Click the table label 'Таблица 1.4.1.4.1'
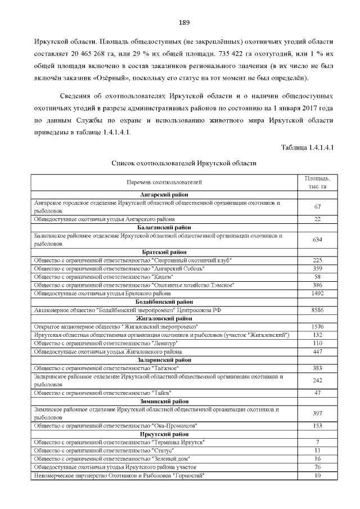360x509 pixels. [x=308, y=148]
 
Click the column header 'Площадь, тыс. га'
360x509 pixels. [x=317, y=182]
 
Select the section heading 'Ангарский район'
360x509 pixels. [x=164, y=194]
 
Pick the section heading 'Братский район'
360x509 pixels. [x=164, y=252]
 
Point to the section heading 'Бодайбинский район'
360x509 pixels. [x=164, y=302]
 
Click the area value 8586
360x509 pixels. [x=317, y=310]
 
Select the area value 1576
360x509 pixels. [x=317, y=327]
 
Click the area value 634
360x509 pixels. [x=317, y=240]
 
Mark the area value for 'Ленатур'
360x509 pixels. [x=317, y=343]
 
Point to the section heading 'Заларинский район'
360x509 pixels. [x=164, y=360]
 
